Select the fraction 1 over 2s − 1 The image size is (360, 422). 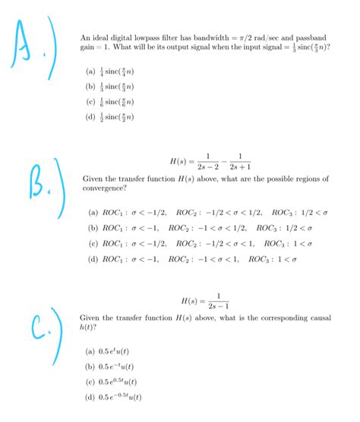point(217,300)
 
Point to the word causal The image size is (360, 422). point(320,317)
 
